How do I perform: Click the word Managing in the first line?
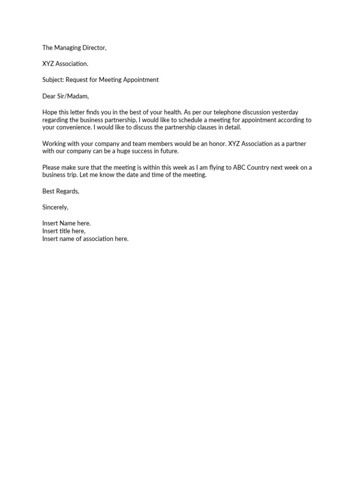coord(68,48)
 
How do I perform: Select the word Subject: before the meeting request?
coord(53,80)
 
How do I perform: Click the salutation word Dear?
coord(49,97)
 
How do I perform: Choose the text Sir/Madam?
coord(73,97)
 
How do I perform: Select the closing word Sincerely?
coord(55,207)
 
